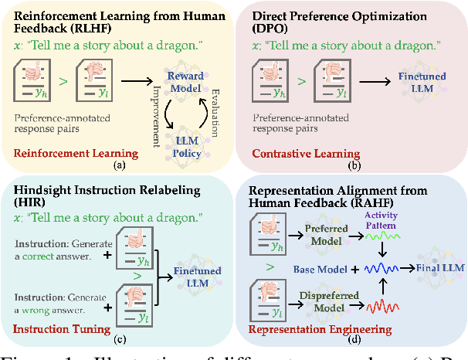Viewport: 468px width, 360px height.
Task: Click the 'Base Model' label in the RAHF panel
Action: (318, 269)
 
